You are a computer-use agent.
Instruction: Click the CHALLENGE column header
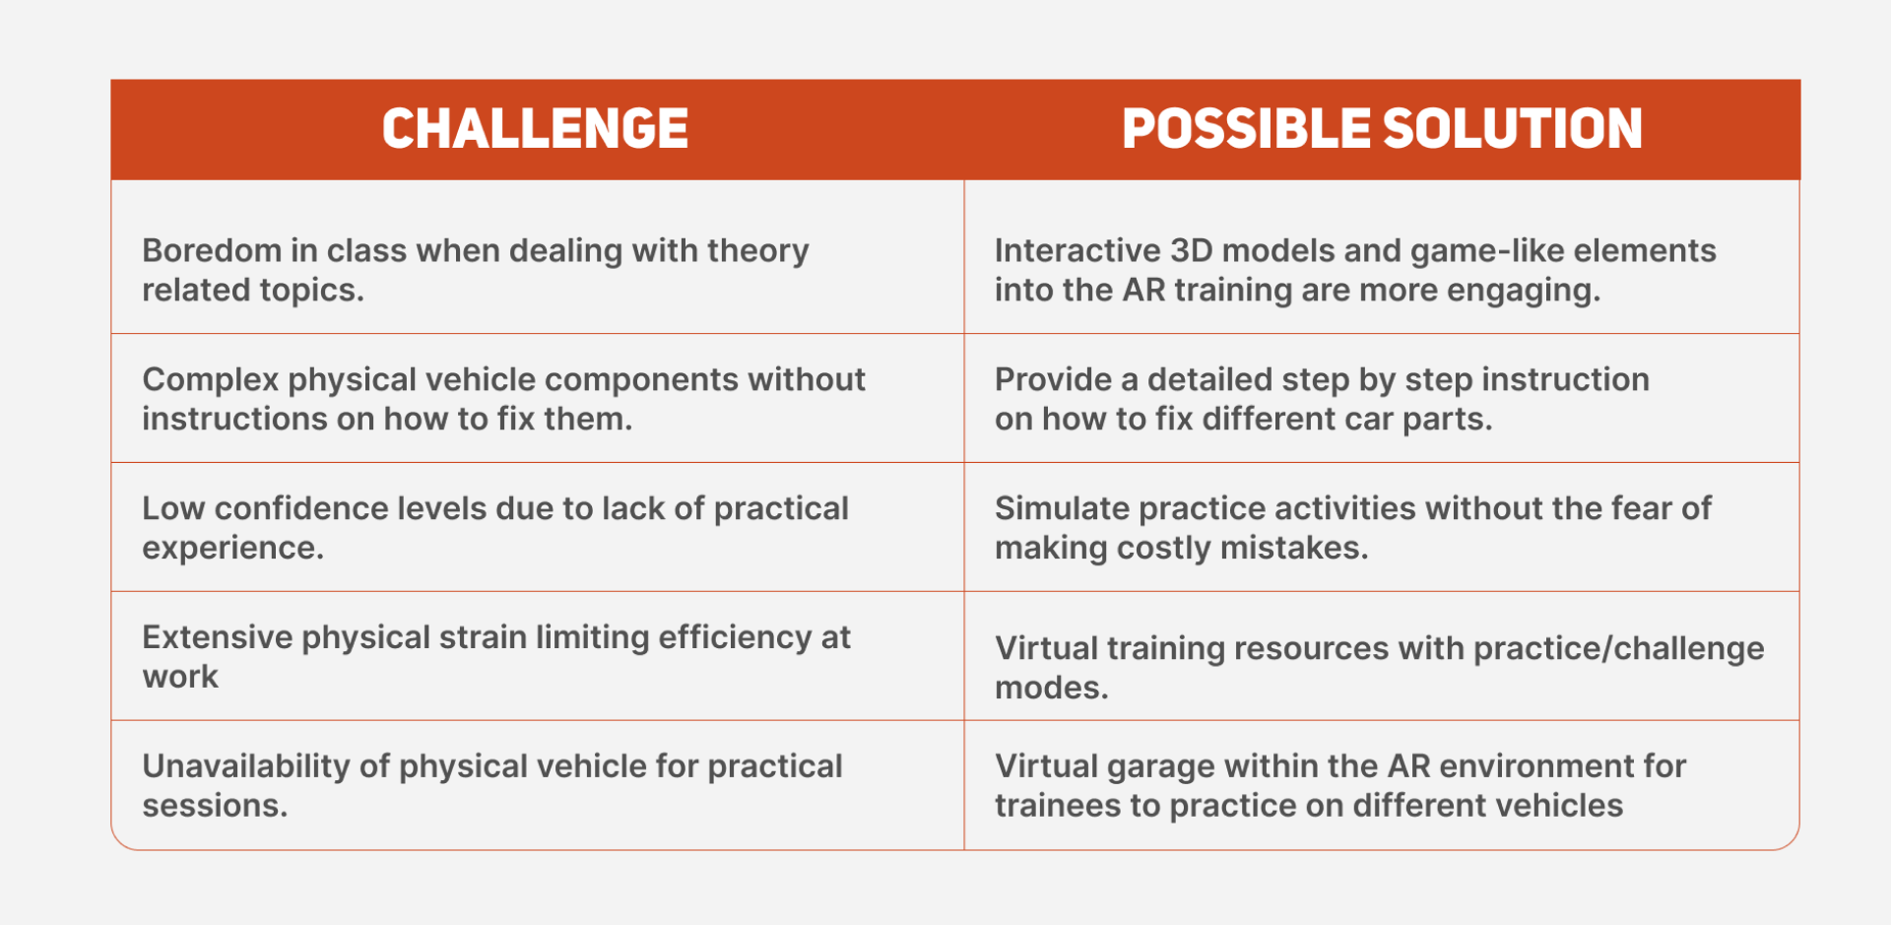coord(535,129)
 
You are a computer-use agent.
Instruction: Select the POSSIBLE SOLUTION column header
coord(1382,129)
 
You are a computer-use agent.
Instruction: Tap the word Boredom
coord(212,250)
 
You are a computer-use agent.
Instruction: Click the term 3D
coord(1192,250)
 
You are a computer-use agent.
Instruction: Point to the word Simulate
coord(1062,508)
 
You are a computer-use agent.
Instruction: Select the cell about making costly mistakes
coord(1382,527)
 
